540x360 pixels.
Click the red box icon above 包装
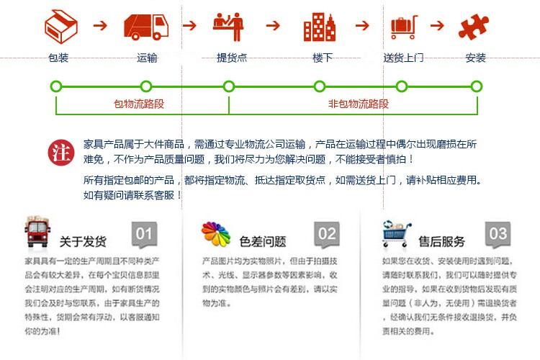pyautogui.click(x=60, y=26)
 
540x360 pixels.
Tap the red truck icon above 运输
pyautogui.click(x=147, y=26)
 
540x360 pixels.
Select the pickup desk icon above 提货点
pyautogui.click(x=229, y=26)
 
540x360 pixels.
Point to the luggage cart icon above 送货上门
pyautogui.click(x=404, y=26)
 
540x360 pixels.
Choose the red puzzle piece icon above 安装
pyautogui.click(x=475, y=26)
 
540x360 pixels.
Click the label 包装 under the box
pyautogui.click(x=58, y=58)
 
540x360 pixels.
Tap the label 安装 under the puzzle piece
pyautogui.click(x=475, y=58)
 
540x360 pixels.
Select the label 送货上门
pyautogui.click(x=403, y=58)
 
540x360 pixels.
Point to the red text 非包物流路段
pyautogui.click(x=359, y=104)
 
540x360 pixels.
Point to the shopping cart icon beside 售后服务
pyautogui.click(x=397, y=235)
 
